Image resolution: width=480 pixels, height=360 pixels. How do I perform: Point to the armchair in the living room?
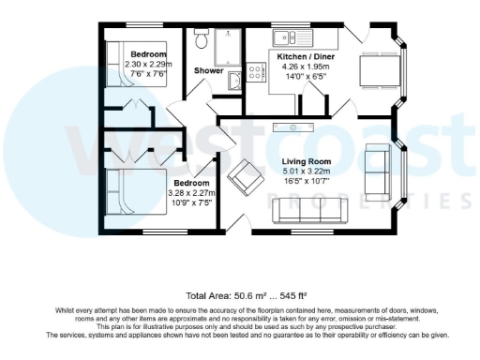point(247,175)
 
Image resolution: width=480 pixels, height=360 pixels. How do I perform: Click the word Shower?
point(208,71)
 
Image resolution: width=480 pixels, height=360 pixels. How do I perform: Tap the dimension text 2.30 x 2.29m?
point(148,64)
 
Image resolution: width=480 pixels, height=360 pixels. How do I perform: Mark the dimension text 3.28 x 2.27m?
point(191,192)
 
